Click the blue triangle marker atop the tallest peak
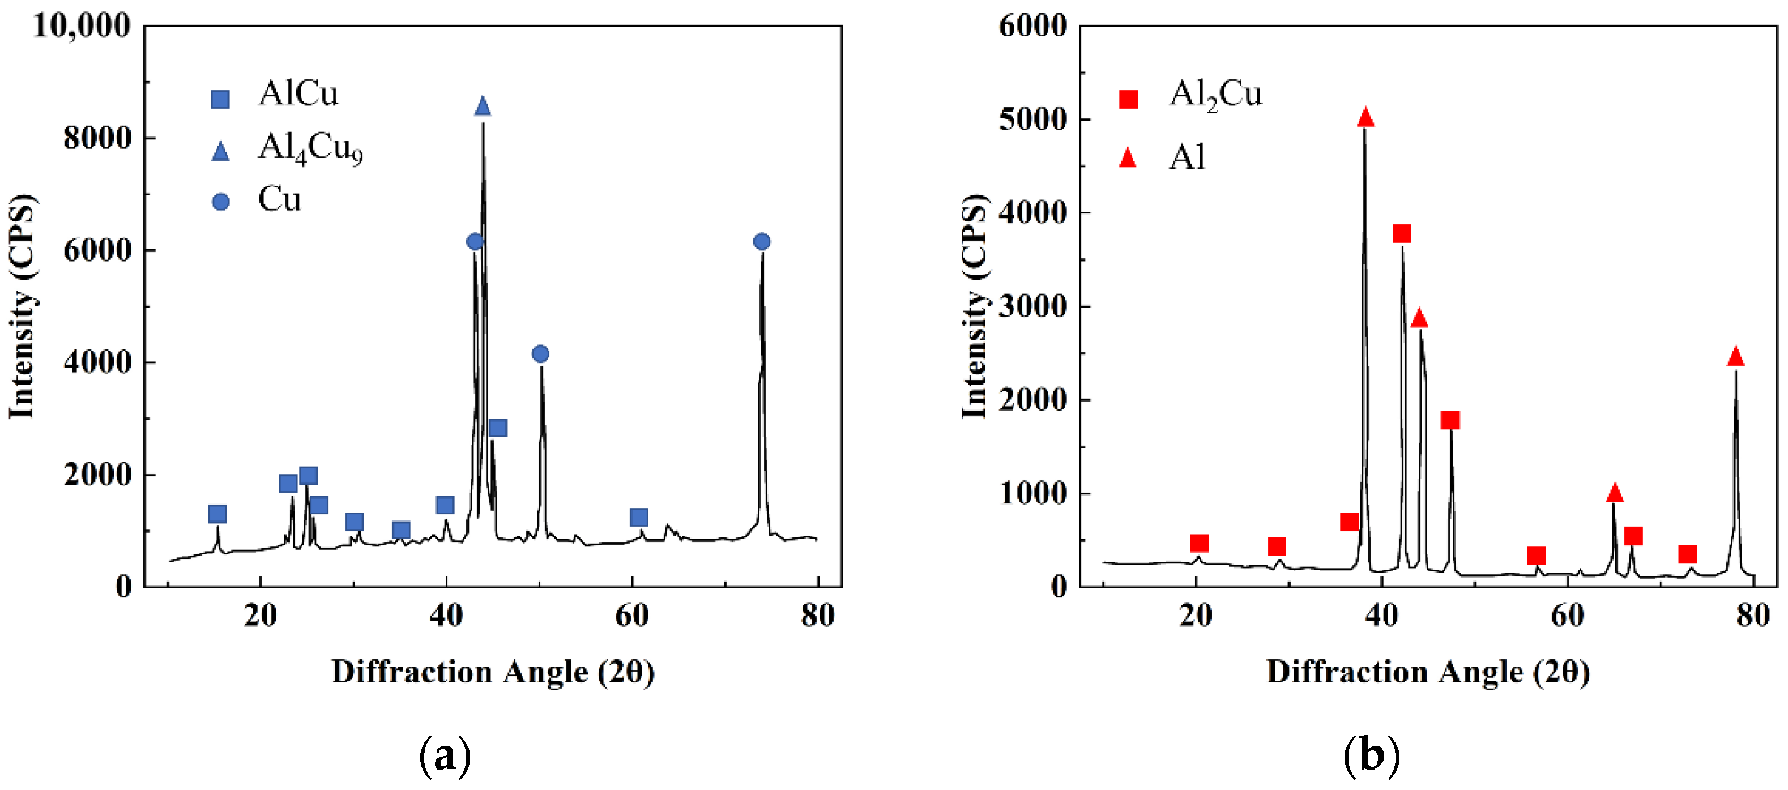[483, 107]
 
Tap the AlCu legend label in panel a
[298, 93]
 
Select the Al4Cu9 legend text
[310, 148]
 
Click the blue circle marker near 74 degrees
[761, 242]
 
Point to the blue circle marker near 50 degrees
[541, 354]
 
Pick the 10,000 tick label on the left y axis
[81, 27]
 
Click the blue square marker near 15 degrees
[217, 514]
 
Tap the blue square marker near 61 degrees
[639, 517]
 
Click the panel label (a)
[445, 756]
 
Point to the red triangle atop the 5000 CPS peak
[1365, 118]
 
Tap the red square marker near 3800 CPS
[1401, 233]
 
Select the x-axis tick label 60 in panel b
[1567, 615]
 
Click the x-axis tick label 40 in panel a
[446, 615]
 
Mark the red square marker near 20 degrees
[1199, 543]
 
